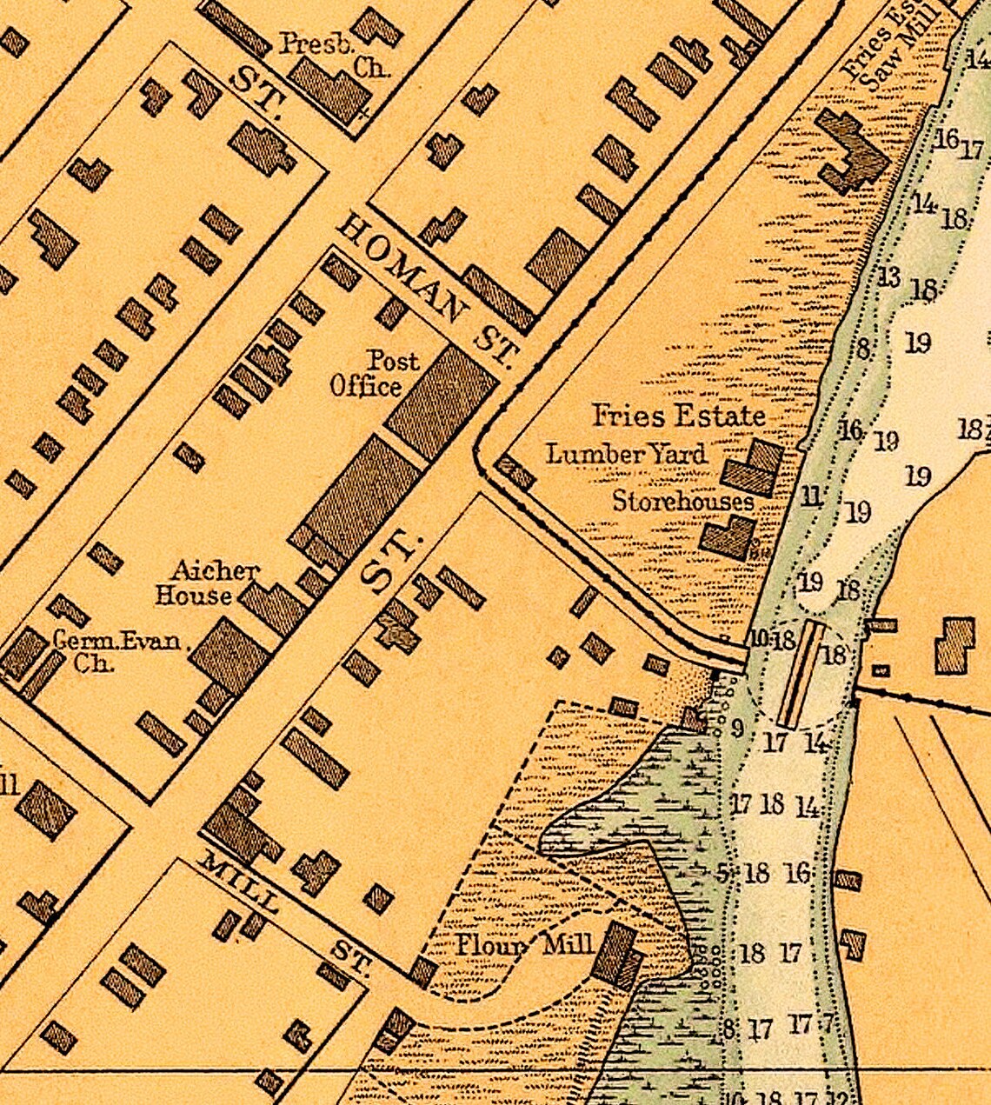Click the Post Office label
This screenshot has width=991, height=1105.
click(376, 373)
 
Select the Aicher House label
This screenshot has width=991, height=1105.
click(205, 583)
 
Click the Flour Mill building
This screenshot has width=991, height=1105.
click(618, 955)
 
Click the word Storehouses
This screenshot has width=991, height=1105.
click(683, 502)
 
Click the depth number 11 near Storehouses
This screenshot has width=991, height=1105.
click(811, 497)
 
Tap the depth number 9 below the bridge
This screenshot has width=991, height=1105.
click(736, 729)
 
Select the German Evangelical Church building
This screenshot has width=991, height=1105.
click(24, 655)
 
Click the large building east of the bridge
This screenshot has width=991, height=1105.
click(955, 645)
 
